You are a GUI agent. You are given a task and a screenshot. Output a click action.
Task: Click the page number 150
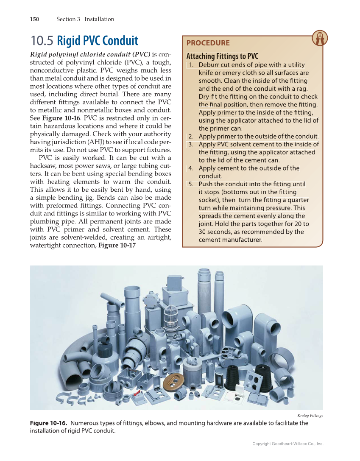[x=34, y=19]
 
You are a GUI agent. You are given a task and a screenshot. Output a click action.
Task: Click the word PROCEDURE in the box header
[x=208, y=43]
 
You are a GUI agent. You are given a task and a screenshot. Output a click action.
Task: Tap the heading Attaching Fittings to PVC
[x=222, y=56]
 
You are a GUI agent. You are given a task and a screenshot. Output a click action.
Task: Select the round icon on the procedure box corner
[x=319, y=38]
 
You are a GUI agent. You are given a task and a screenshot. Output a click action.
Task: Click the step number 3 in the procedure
[x=191, y=144]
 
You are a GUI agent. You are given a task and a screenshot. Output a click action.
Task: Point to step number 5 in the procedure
[x=191, y=184]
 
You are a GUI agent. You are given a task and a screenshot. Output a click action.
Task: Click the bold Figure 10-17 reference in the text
[x=117, y=246]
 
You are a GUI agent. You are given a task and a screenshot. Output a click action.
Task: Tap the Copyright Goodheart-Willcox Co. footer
[x=287, y=444]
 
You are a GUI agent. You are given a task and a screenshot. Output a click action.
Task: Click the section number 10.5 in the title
[x=42, y=41]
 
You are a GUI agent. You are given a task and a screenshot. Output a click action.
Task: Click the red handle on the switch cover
[x=137, y=395]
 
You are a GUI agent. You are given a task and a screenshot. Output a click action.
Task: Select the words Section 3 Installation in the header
[x=85, y=19]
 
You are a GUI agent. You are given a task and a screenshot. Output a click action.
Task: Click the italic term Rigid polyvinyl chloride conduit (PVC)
[x=90, y=54]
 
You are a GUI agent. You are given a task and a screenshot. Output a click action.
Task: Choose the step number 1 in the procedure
[x=191, y=65]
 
